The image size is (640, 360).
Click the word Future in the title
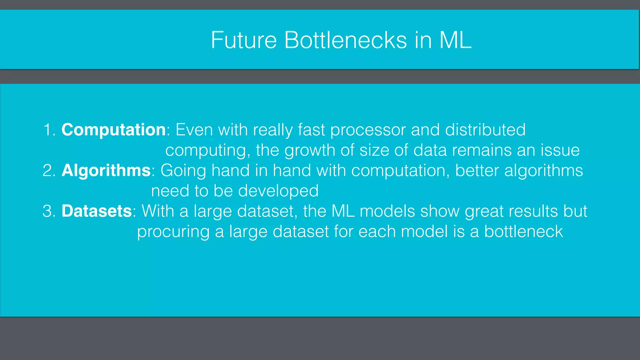coord(244,40)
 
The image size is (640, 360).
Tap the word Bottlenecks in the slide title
coord(345,40)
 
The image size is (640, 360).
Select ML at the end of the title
coord(455,40)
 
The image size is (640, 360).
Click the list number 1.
coord(49,130)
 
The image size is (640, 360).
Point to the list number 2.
coord(49,171)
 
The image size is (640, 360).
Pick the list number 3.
coord(49,211)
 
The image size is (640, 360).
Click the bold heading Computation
coord(113,130)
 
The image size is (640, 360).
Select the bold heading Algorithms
coord(106,171)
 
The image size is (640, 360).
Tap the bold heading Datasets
coord(97,211)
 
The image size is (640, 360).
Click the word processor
coord(368,130)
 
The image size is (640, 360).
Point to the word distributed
coord(485,130)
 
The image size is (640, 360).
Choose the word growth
coord(310,151)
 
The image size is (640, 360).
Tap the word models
coord(387,211)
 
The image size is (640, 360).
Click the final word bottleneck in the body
coord(523,232)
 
